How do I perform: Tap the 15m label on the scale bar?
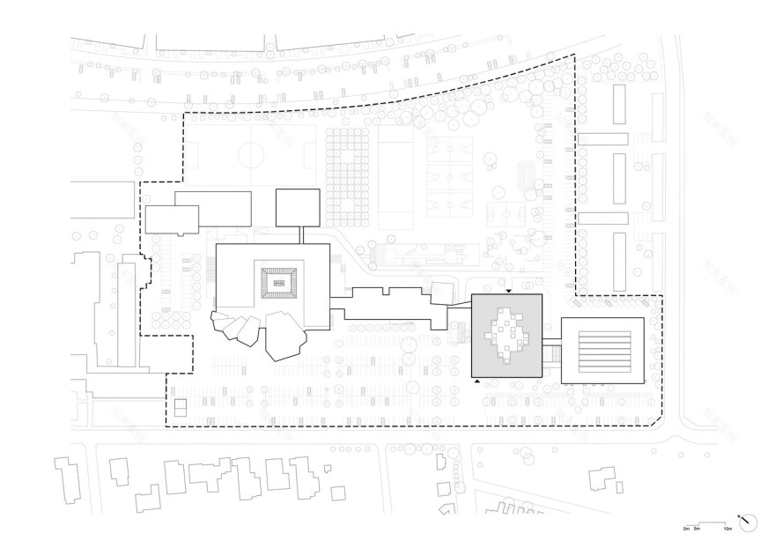click(x=727, y=529)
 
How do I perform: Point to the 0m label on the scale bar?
click(x=686, y=529)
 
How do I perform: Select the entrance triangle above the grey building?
click(x=509, y=290)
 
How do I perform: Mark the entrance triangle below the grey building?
click(x=476, y=381)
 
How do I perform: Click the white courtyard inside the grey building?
click(x=505, y=335)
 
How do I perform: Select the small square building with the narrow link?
click(x=298, y=207)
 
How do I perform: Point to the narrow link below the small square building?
click(x=301, y=235)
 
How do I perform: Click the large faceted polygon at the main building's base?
click(x=286, y=335)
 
